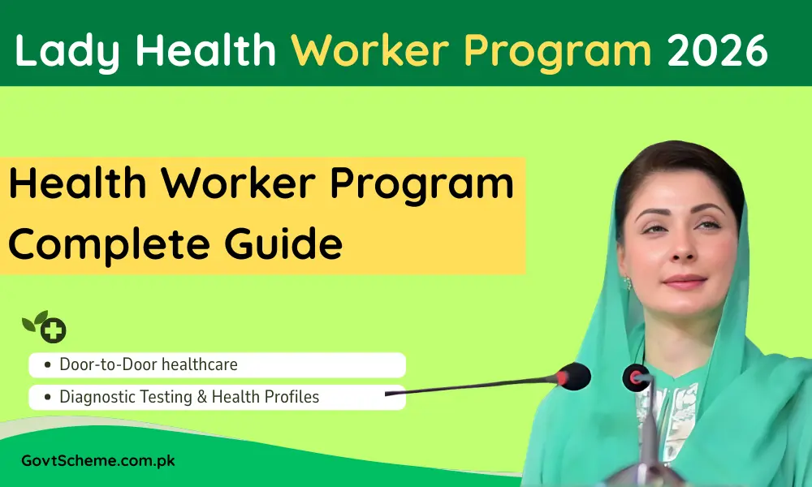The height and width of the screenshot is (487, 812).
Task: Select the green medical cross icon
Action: [x=54, y=330]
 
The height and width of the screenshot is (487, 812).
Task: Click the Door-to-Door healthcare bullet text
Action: [x=149, y=364]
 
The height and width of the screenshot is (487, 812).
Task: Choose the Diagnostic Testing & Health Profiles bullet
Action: [x=189, y=397]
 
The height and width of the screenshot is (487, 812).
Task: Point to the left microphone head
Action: [x=574, y=376]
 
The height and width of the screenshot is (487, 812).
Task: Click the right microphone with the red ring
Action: [x=637, y=377]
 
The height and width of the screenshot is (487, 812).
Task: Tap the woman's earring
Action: [x=627, y=284]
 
